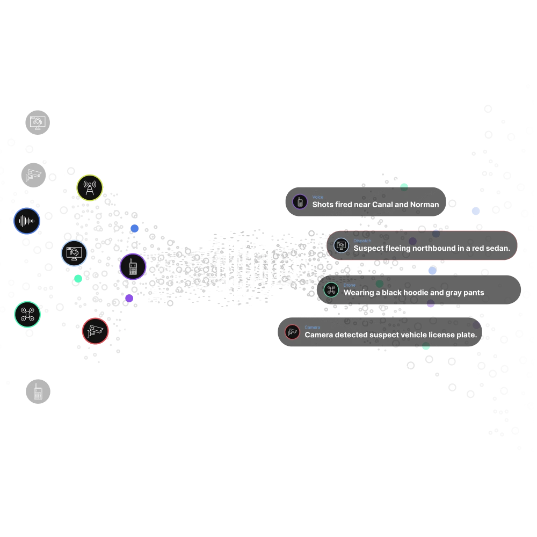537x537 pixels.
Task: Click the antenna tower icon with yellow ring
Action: [x=90, y=188]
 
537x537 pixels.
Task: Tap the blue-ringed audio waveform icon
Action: [x=27, y=221]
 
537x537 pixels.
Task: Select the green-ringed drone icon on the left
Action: [x=27, y=315]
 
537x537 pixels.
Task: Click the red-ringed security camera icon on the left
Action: [x=96, y=331]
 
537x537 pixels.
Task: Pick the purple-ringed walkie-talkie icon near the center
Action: [x=133, y=267]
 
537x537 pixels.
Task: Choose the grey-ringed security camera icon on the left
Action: [x=34, y=175]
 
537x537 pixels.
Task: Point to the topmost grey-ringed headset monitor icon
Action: [x=38, y=122]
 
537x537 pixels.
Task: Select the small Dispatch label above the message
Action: [x=362, y=241]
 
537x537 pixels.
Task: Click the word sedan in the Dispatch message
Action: [x=498, y=249]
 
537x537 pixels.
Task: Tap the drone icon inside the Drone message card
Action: [x=331, y=290]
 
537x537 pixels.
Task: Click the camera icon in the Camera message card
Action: [x=292, y=332]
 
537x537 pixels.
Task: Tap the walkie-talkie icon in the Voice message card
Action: [x=300, y=202]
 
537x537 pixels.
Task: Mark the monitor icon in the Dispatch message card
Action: [x=340, y=246]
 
